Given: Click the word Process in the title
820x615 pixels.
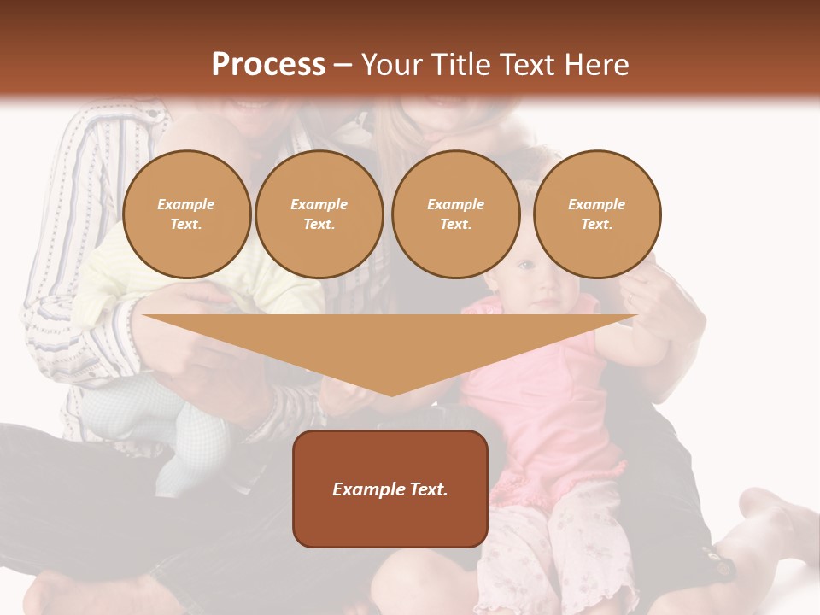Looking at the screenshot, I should click(268, 65).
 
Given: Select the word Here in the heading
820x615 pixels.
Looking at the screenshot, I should click(597, 65).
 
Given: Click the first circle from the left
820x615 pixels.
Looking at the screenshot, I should click(186, 214).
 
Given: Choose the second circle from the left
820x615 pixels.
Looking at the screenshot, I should click(319, 214).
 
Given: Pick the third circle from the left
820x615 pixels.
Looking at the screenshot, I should click(455, 214).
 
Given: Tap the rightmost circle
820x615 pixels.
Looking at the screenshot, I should click(596, 214).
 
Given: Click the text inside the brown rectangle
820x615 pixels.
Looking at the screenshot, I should click(389, 489).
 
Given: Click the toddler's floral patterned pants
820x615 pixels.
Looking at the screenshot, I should click(555, 547).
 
